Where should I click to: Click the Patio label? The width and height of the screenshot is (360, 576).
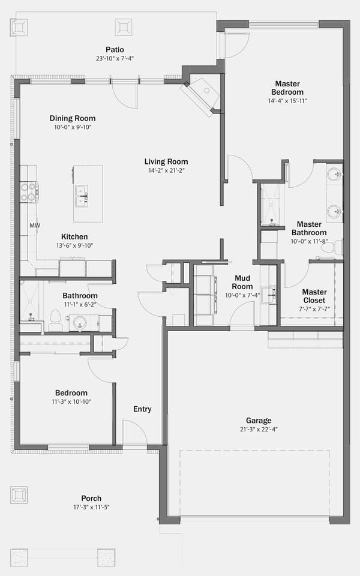pyautogui.click(x=115, y=50)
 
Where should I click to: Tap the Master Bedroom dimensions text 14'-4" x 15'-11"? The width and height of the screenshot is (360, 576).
pyautogui.click(x=287, y=101)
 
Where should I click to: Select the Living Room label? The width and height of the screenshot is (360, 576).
pyautogui.click(x=166, y=161)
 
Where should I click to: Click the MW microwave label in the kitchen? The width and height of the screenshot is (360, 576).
pyautogui.click(x=35, y=226)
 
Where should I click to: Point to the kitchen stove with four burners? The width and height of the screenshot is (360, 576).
pyautogui.click(x=29, y=192)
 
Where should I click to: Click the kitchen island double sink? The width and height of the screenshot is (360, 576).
pyautogui.click(x=82, y=196)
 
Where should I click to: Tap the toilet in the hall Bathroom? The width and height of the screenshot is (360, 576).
pyautogui.click(x=55, y=320)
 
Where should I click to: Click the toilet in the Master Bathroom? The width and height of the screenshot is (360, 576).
pyautogui.click(x=331, y=247)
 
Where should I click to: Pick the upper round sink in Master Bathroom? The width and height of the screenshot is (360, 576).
pyautogui.click(x=334, y=173)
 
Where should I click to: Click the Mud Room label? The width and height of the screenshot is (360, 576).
pyautogui.click(x=242, y=282)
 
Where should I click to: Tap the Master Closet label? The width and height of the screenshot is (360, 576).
pyautogui.click(x=314, y=296)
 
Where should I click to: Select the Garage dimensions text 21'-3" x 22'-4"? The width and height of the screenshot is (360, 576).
pyautogui.click(x=259, y=429)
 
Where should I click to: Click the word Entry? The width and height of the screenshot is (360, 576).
pyautogui.click(x=142, y=409)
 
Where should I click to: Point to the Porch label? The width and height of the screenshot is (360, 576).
pyautogui.click(x=91, y=499)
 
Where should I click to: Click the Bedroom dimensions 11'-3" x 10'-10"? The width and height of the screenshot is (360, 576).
pyautogui.click(x=71, y=402)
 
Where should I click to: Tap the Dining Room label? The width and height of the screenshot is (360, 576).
pyautogui.click(x=73, y=118)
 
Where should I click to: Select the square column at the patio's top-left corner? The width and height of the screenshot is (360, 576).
pyautogui.click(x=19, y=27)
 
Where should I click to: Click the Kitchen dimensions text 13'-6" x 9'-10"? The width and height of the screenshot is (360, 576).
pyautogui.click(x=74, y=246)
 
